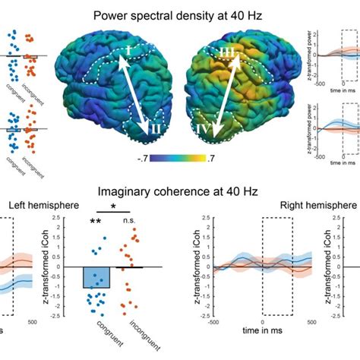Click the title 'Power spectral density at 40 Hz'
[179, 14]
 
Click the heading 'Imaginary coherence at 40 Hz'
[179, 192]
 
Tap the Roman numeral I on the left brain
[128, 52]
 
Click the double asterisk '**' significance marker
[96, 222]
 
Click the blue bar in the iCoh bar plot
[96, 278]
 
